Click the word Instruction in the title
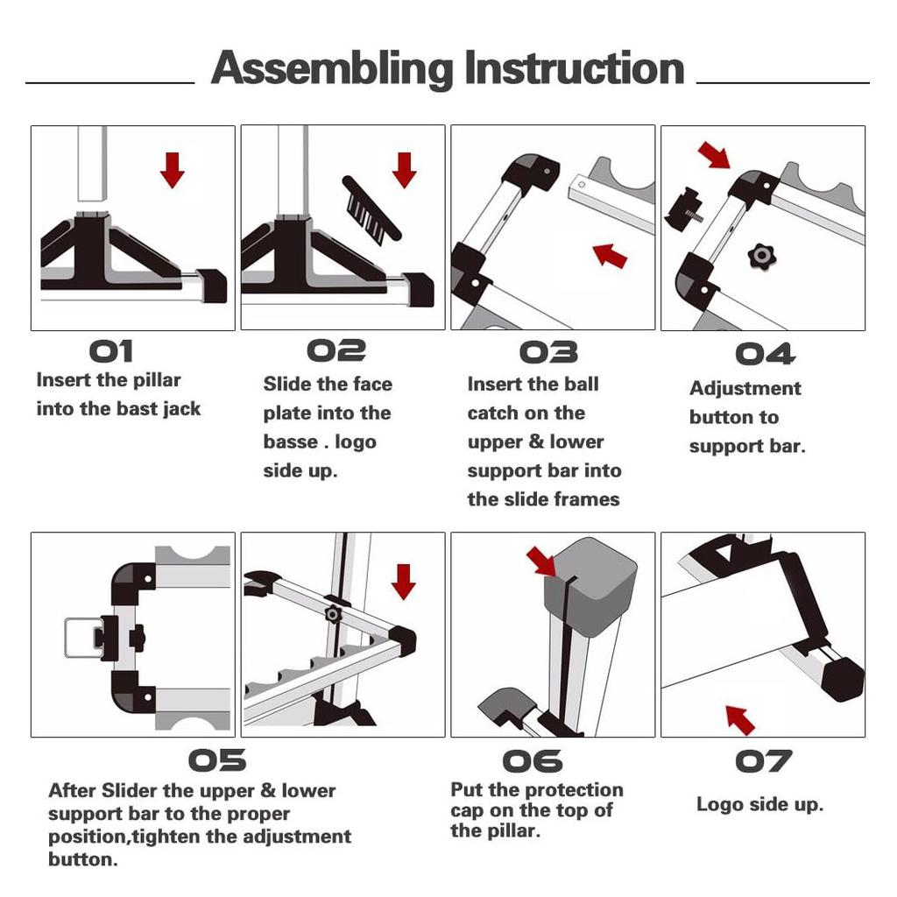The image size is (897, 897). [574, 68]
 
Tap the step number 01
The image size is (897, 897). [111, 351]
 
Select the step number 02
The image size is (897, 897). [336, 351]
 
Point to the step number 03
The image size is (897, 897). [548, 352]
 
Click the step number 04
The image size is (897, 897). [765, 354]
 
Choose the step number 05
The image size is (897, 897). [217, 760]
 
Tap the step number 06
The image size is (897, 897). [532, 760]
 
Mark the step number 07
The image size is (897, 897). [763, 760]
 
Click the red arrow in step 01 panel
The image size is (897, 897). [173, 169]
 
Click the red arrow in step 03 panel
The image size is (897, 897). [610, 255]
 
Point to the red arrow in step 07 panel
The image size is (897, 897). [740, 719]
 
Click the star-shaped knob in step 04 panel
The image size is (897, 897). [760, 256]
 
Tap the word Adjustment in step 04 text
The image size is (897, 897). [745, 388]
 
